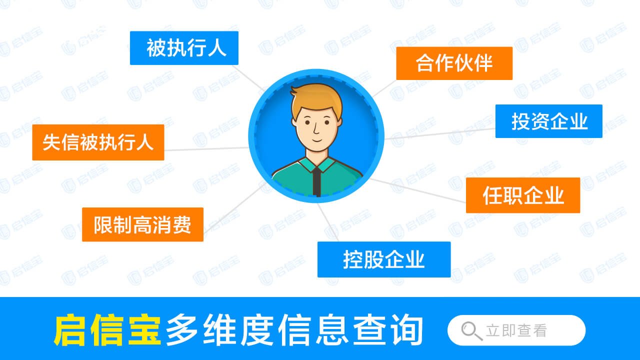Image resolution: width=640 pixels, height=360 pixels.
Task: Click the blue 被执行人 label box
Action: click(x=184, y=48)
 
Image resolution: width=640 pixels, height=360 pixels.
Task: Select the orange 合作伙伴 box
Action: click(x=454, y=63)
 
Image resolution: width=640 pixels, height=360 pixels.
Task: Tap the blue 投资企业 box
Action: click(x=548, y=121)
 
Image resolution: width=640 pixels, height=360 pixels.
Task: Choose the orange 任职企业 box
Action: click(x=522, y=195)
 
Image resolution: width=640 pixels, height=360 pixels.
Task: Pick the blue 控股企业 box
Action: click(x=383, y=259)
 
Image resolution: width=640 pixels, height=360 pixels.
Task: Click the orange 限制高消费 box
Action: click(x=142, y=224)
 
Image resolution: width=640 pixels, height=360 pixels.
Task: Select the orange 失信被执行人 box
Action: click(x=98, y=142)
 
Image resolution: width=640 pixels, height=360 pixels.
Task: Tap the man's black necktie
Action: click(x=316, y=181)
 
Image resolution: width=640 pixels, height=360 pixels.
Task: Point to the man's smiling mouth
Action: click(x=316, y=139)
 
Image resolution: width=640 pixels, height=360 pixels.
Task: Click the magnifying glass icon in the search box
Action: click(x=469, y=330)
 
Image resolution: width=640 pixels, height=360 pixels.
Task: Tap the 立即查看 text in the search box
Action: click(x=516, y=330)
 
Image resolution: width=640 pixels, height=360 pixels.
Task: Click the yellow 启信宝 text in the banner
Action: click(x=106, y=330)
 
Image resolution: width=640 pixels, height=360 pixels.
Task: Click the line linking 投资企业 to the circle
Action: click(x=440, y=133)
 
